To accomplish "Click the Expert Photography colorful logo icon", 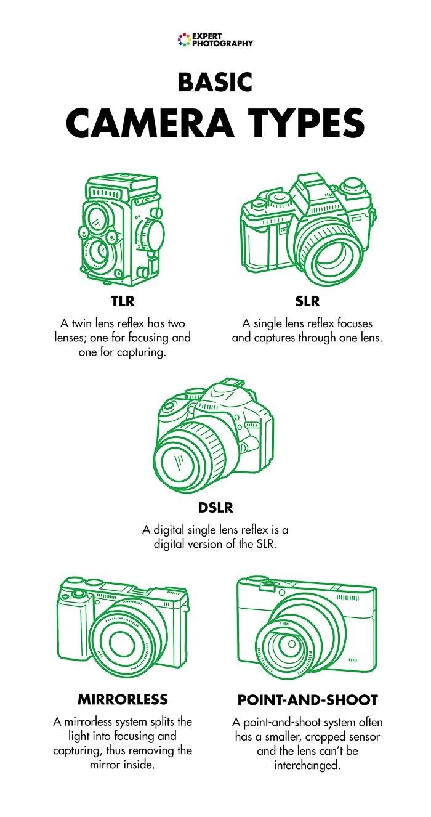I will [x=183, y=41].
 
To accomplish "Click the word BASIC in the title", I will [x=215, y=82].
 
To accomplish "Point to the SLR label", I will [x=307, y=303].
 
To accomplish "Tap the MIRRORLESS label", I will [x=122, y=700].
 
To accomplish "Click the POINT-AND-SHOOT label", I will [x=307, y=701].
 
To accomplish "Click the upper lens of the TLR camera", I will [x=98, y=217].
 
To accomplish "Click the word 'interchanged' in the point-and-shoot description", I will [x=307, y=765].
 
